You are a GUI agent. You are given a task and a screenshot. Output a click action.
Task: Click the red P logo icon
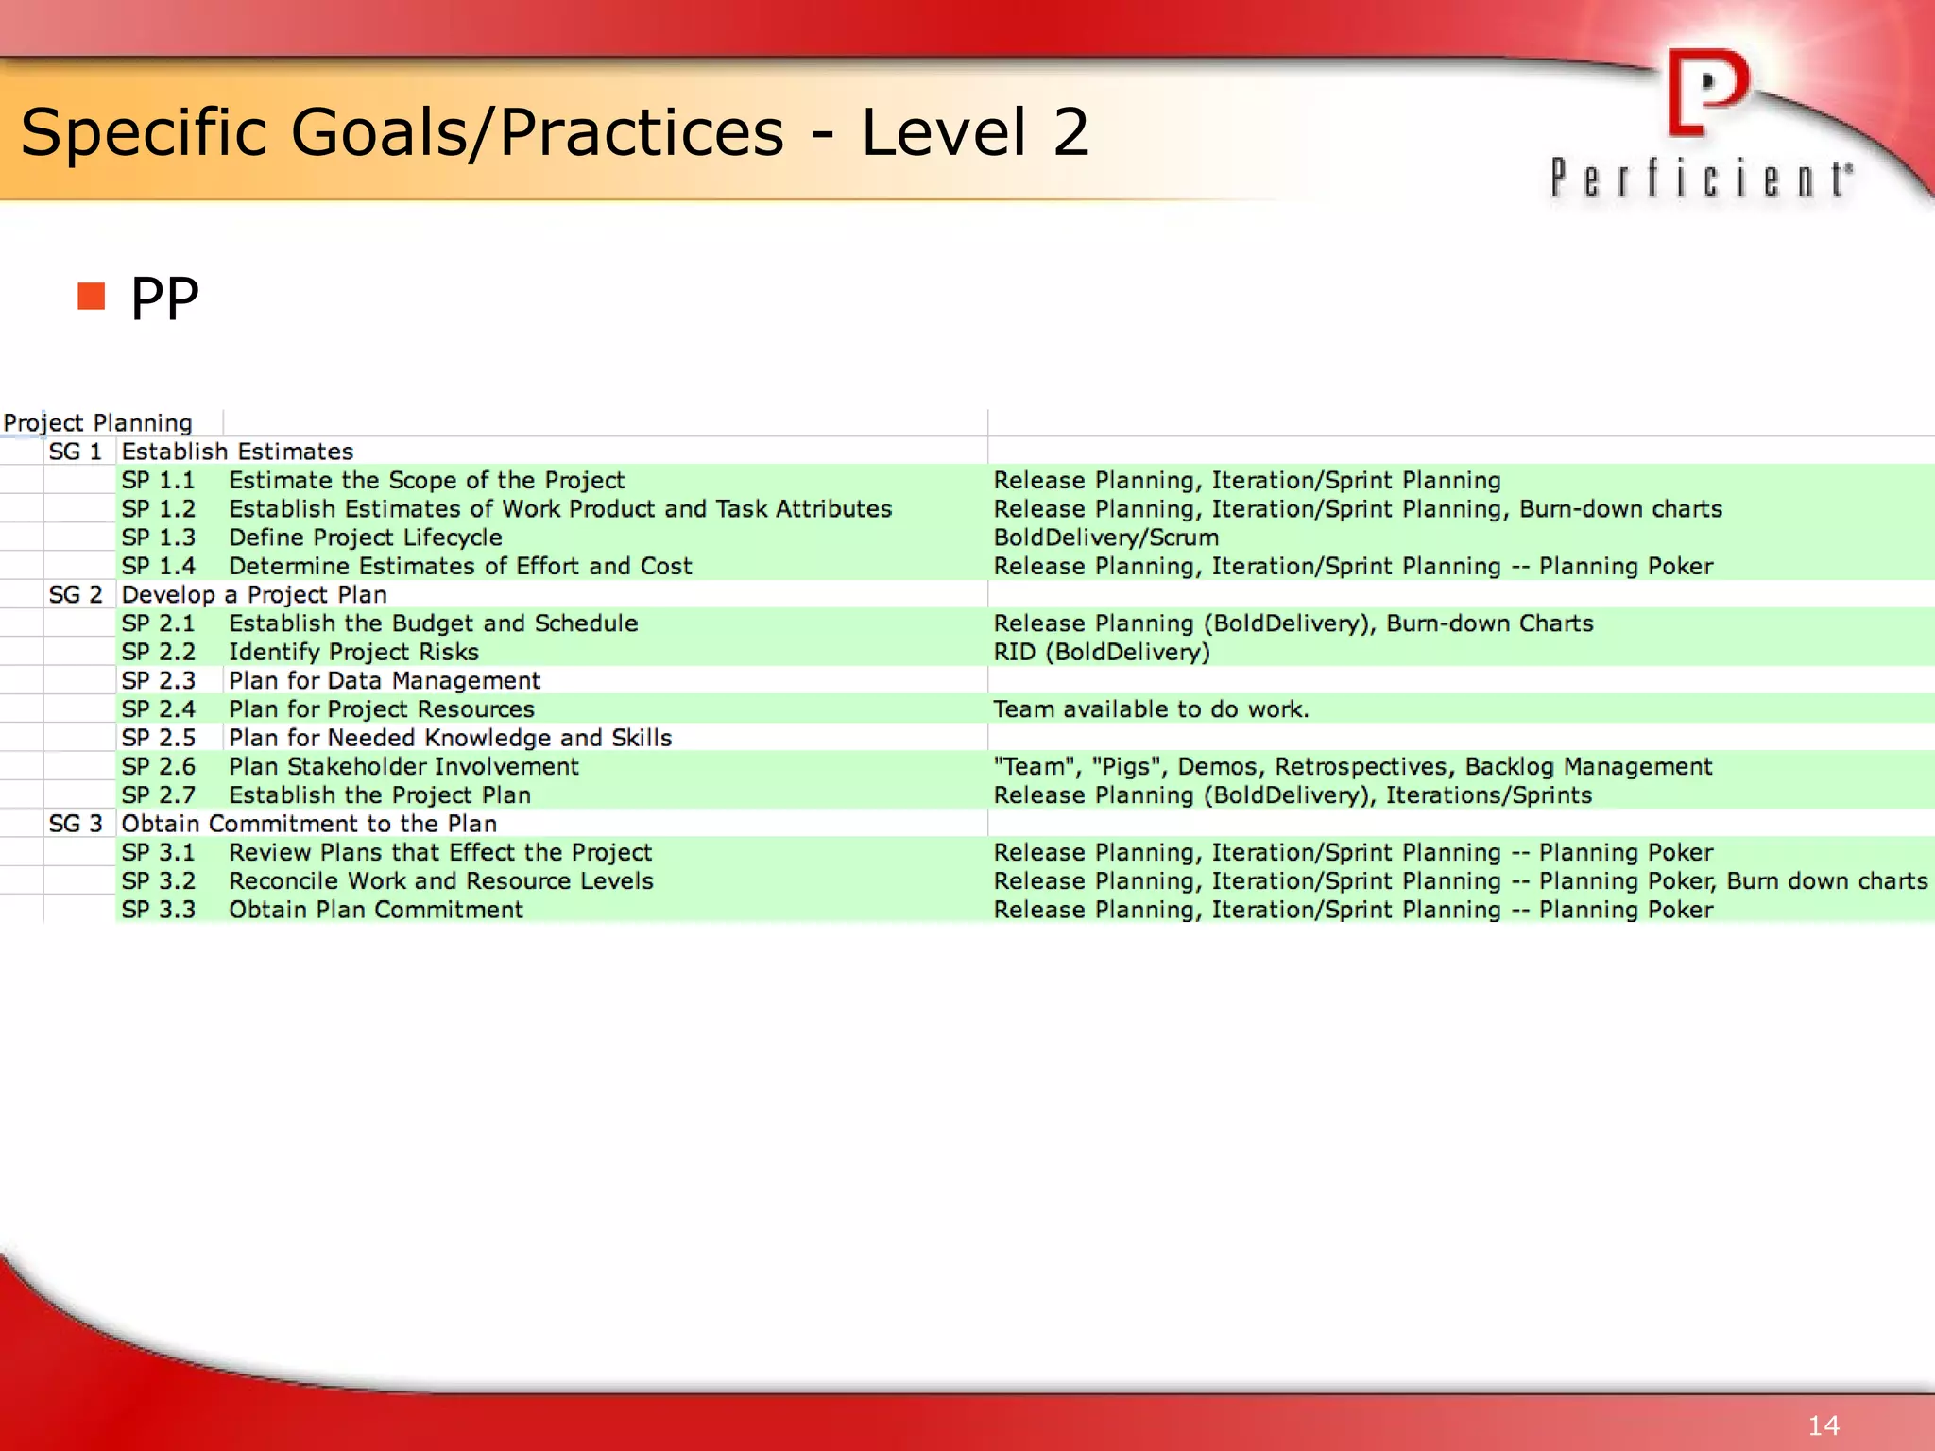(x=1706, y=93)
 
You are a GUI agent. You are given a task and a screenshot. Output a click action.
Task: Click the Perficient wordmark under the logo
(x=1701, y=179)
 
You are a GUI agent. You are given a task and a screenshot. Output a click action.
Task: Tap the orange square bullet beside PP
(x=92, y=297)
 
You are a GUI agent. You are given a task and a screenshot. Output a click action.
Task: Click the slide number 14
(x=1823, y=1425)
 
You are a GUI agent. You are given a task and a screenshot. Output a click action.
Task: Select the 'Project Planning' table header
(x=98, y=422)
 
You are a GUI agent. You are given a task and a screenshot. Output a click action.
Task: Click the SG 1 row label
(x=75, y=452)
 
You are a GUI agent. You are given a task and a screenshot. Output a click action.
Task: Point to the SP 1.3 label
(x=158, y=538)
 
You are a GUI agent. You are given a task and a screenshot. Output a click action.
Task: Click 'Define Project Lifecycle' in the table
(x=365, y=538)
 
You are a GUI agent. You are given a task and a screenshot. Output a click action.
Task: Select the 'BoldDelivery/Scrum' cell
(x=1105, y=538)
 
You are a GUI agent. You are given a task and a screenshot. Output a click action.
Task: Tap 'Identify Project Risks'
(x=353, y=652)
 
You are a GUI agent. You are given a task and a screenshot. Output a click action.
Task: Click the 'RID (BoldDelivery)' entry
(x=1101, y=652)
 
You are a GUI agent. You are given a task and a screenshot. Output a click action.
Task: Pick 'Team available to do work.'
(x=1150, y=709)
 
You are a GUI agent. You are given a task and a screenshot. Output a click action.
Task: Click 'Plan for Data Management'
(x=385, y=681)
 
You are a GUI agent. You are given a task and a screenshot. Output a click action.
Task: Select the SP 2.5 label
(x=158, y=738)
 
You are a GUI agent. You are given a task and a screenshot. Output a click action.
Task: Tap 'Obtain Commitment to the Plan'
(x=309, y=824)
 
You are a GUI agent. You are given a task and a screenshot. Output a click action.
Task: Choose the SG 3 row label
(x=75, y=824)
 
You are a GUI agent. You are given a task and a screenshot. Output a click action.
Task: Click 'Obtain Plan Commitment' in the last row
(x=375, y=910)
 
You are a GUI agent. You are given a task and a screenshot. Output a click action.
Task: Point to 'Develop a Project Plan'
(x=254, y=595)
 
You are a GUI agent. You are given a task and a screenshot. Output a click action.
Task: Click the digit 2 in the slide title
(x=1070, y=132)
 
